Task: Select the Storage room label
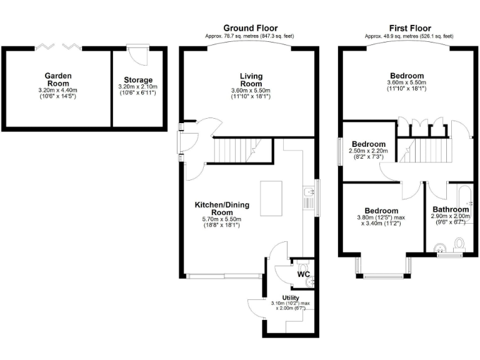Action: [x=137, y=80]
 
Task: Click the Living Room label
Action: [x=251, y=80]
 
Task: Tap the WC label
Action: [x=304, y=274]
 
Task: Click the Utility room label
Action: [x=291, y=297]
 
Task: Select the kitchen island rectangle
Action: [x=270, y=199]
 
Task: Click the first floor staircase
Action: [x=431, y=151]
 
